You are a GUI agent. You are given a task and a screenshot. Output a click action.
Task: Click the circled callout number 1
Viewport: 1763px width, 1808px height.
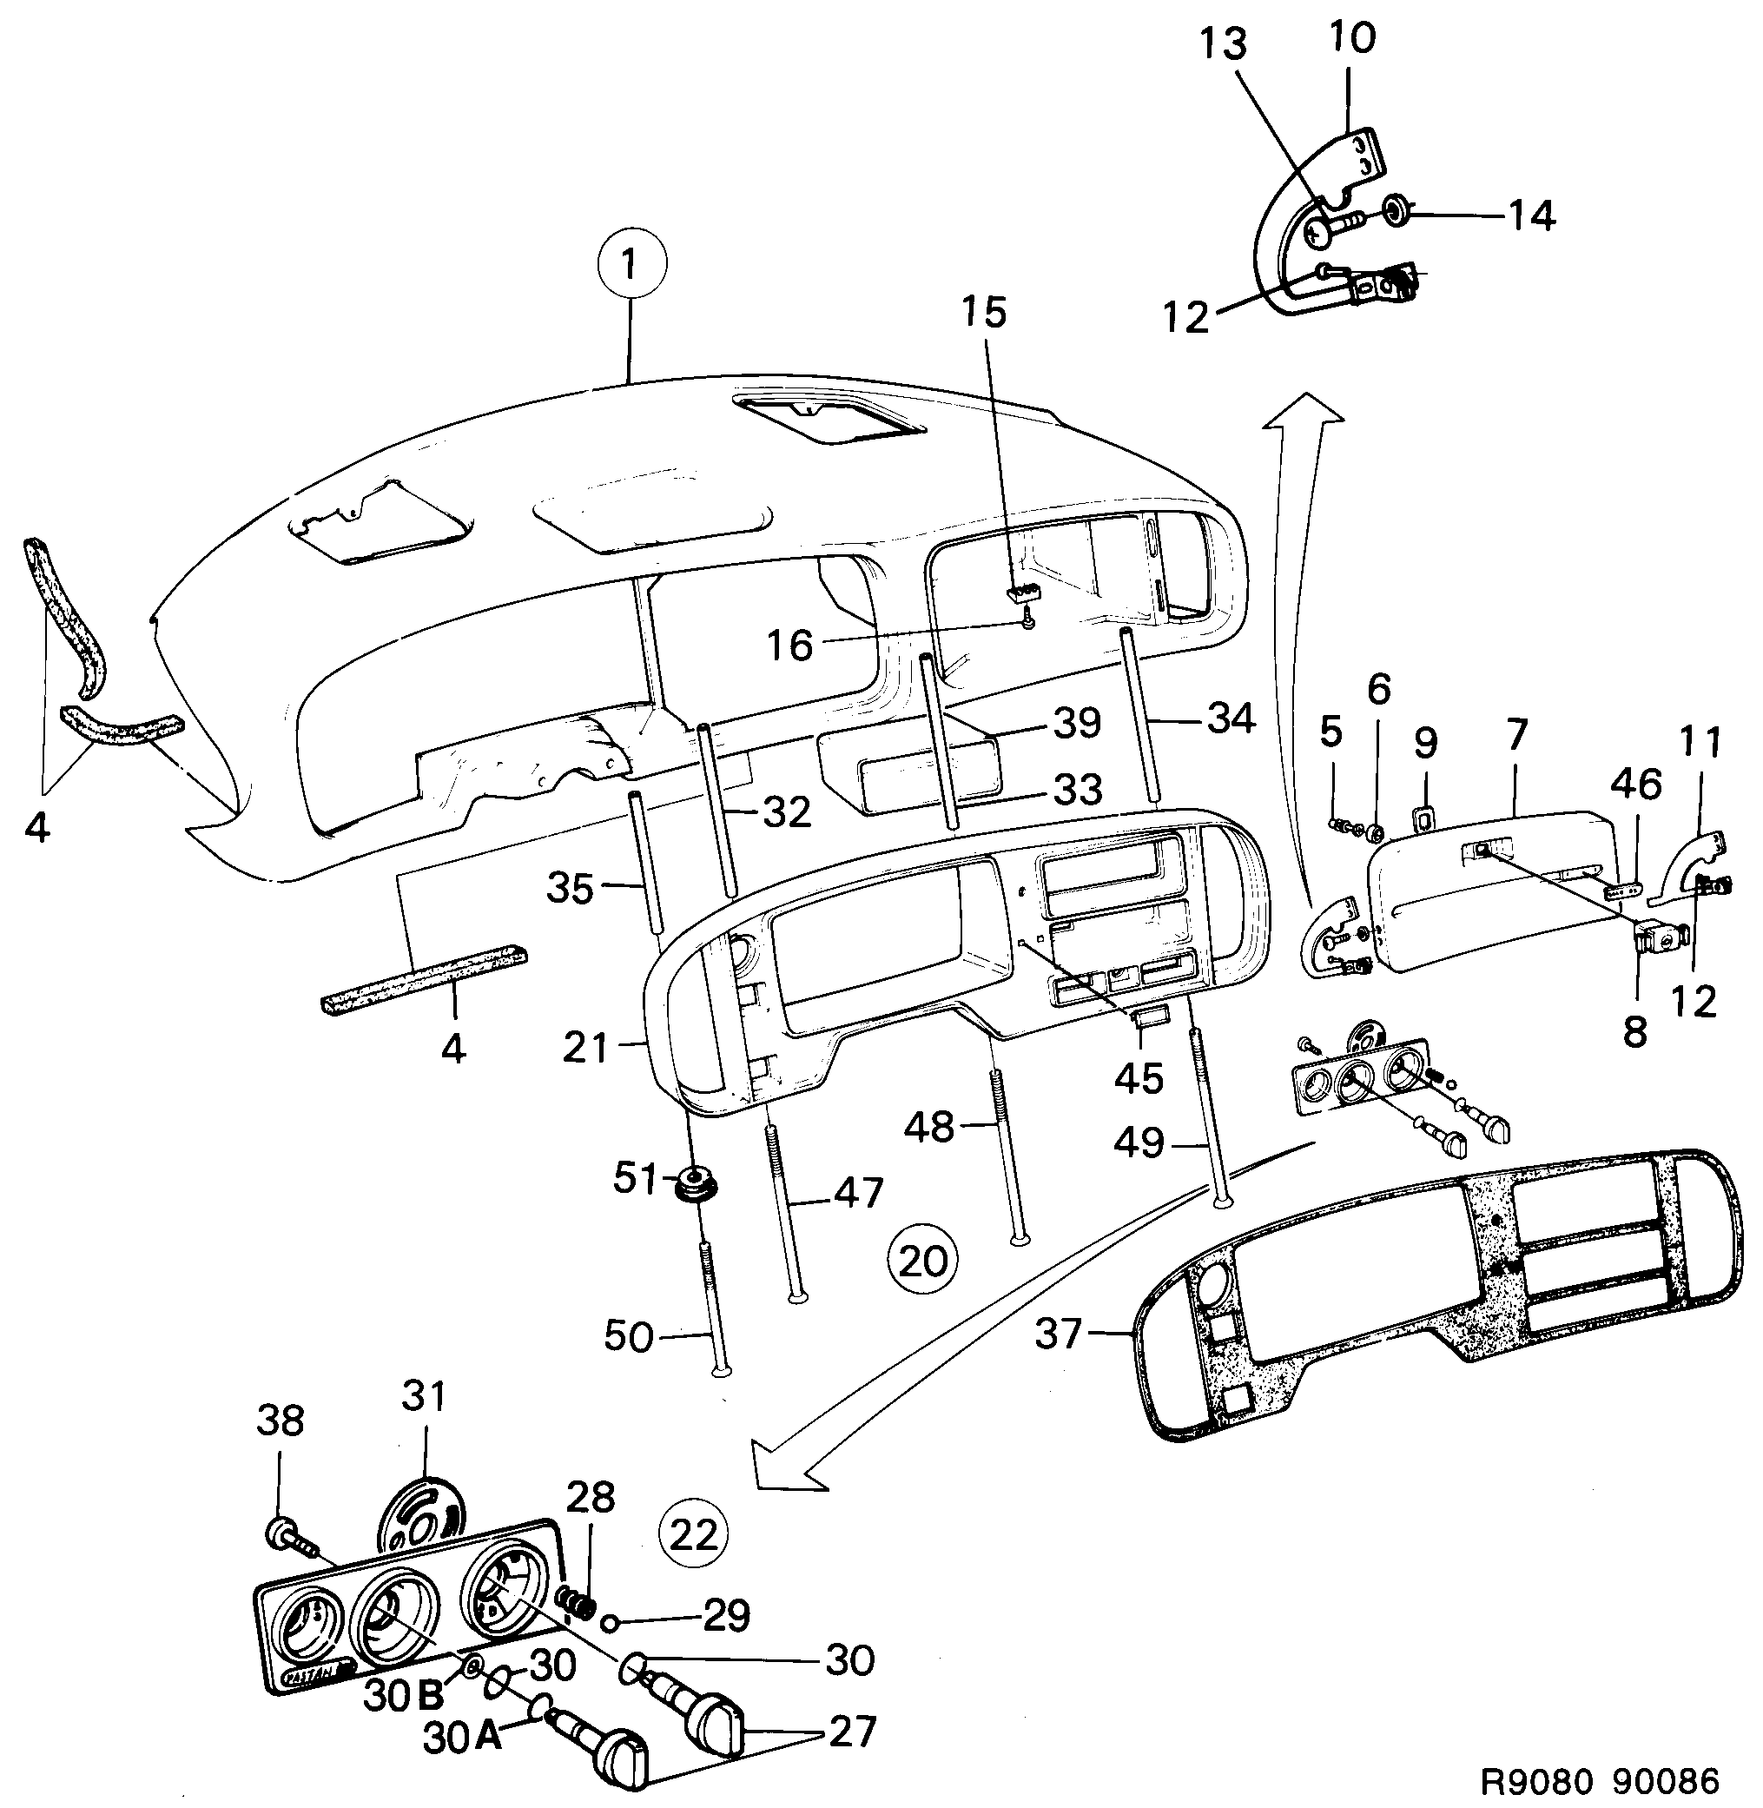tap(631, 263)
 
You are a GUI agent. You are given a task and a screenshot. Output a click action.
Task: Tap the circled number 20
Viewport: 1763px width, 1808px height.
tap(922, 1261)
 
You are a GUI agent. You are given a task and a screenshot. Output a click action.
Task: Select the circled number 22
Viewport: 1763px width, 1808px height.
tap(694, 1535)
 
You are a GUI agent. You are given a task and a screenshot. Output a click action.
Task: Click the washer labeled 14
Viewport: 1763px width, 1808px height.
tap(1395, 215)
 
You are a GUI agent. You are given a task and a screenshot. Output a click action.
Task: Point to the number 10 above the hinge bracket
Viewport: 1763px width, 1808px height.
tap(1353, 37)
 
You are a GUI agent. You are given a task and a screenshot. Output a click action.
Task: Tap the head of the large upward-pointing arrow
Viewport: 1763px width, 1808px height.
tap(1304, 412)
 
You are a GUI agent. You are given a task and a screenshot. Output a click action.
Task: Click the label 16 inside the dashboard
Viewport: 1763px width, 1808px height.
tap(789, 646)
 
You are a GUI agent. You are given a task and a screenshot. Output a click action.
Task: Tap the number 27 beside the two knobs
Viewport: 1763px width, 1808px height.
tap(851, 1730)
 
